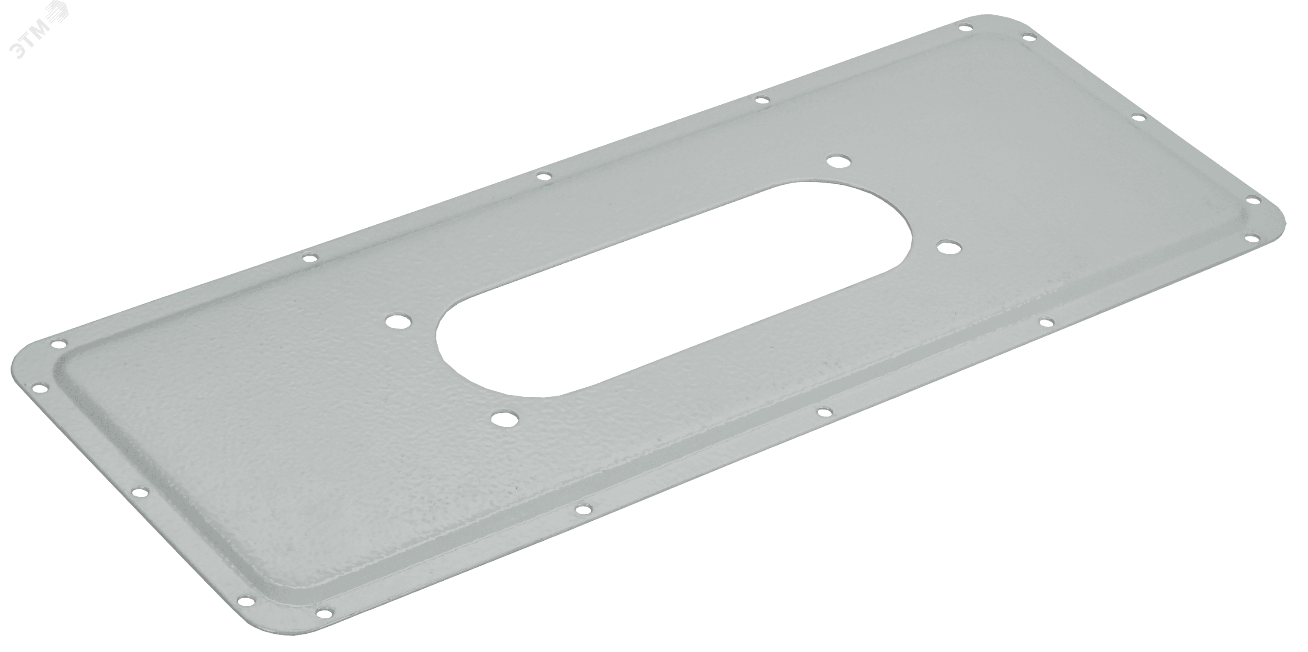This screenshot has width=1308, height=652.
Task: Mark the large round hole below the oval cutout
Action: tap(504, 420)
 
